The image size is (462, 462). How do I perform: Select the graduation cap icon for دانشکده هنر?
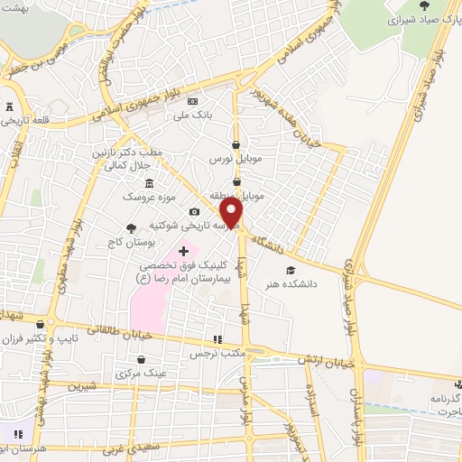pyautogui.click(x=290, y=270)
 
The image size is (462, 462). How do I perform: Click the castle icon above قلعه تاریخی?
pyautogui.click(x=10, y=106)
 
